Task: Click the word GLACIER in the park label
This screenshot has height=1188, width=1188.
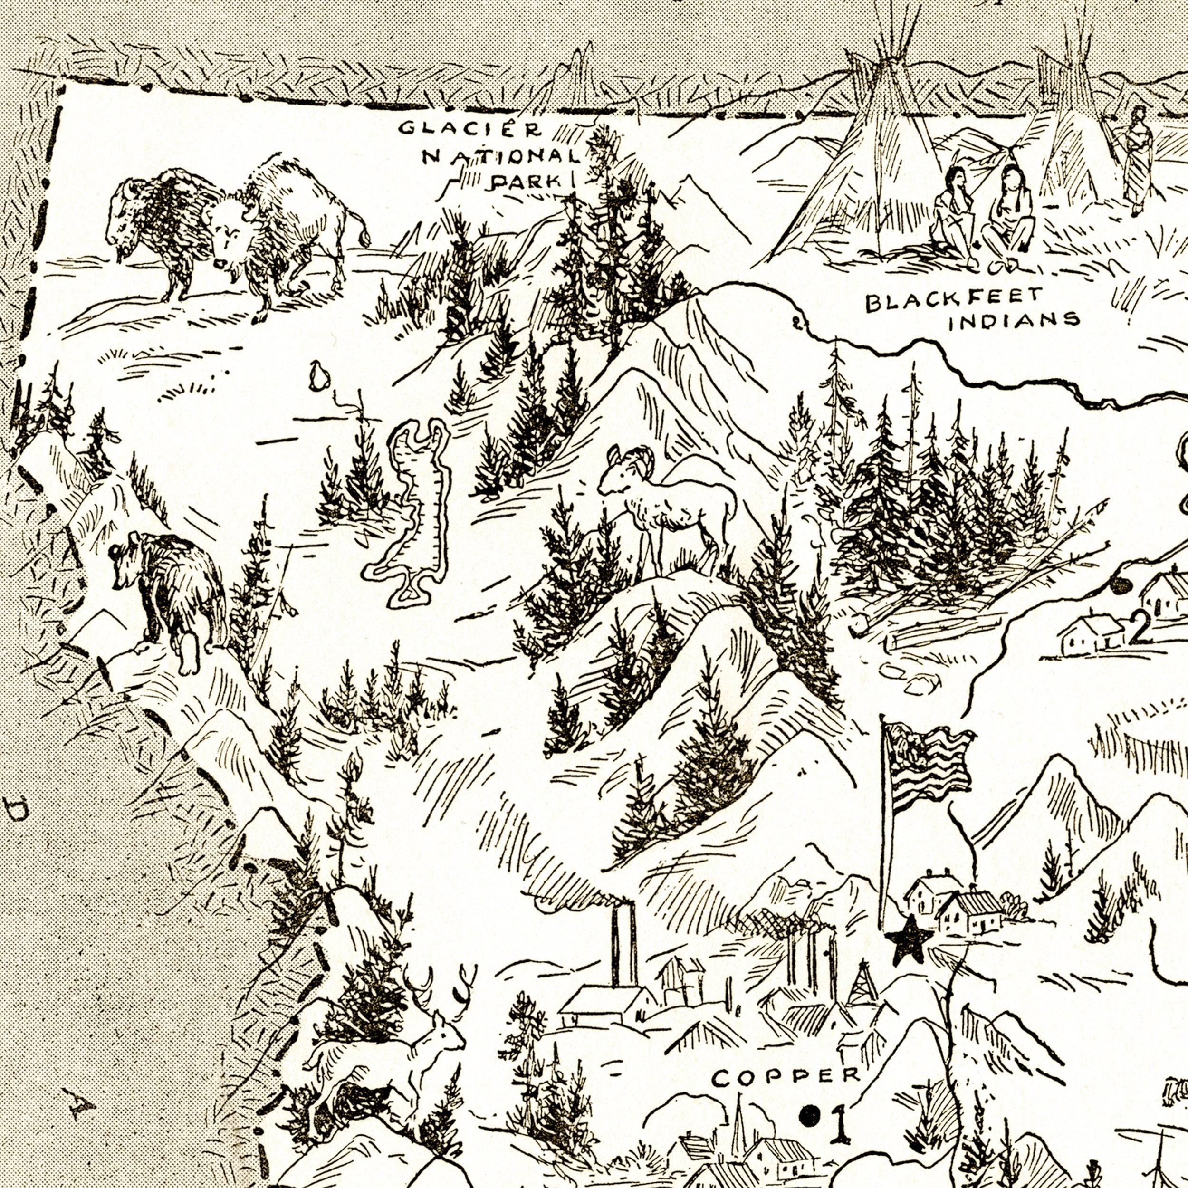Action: (x=470, y=130)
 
